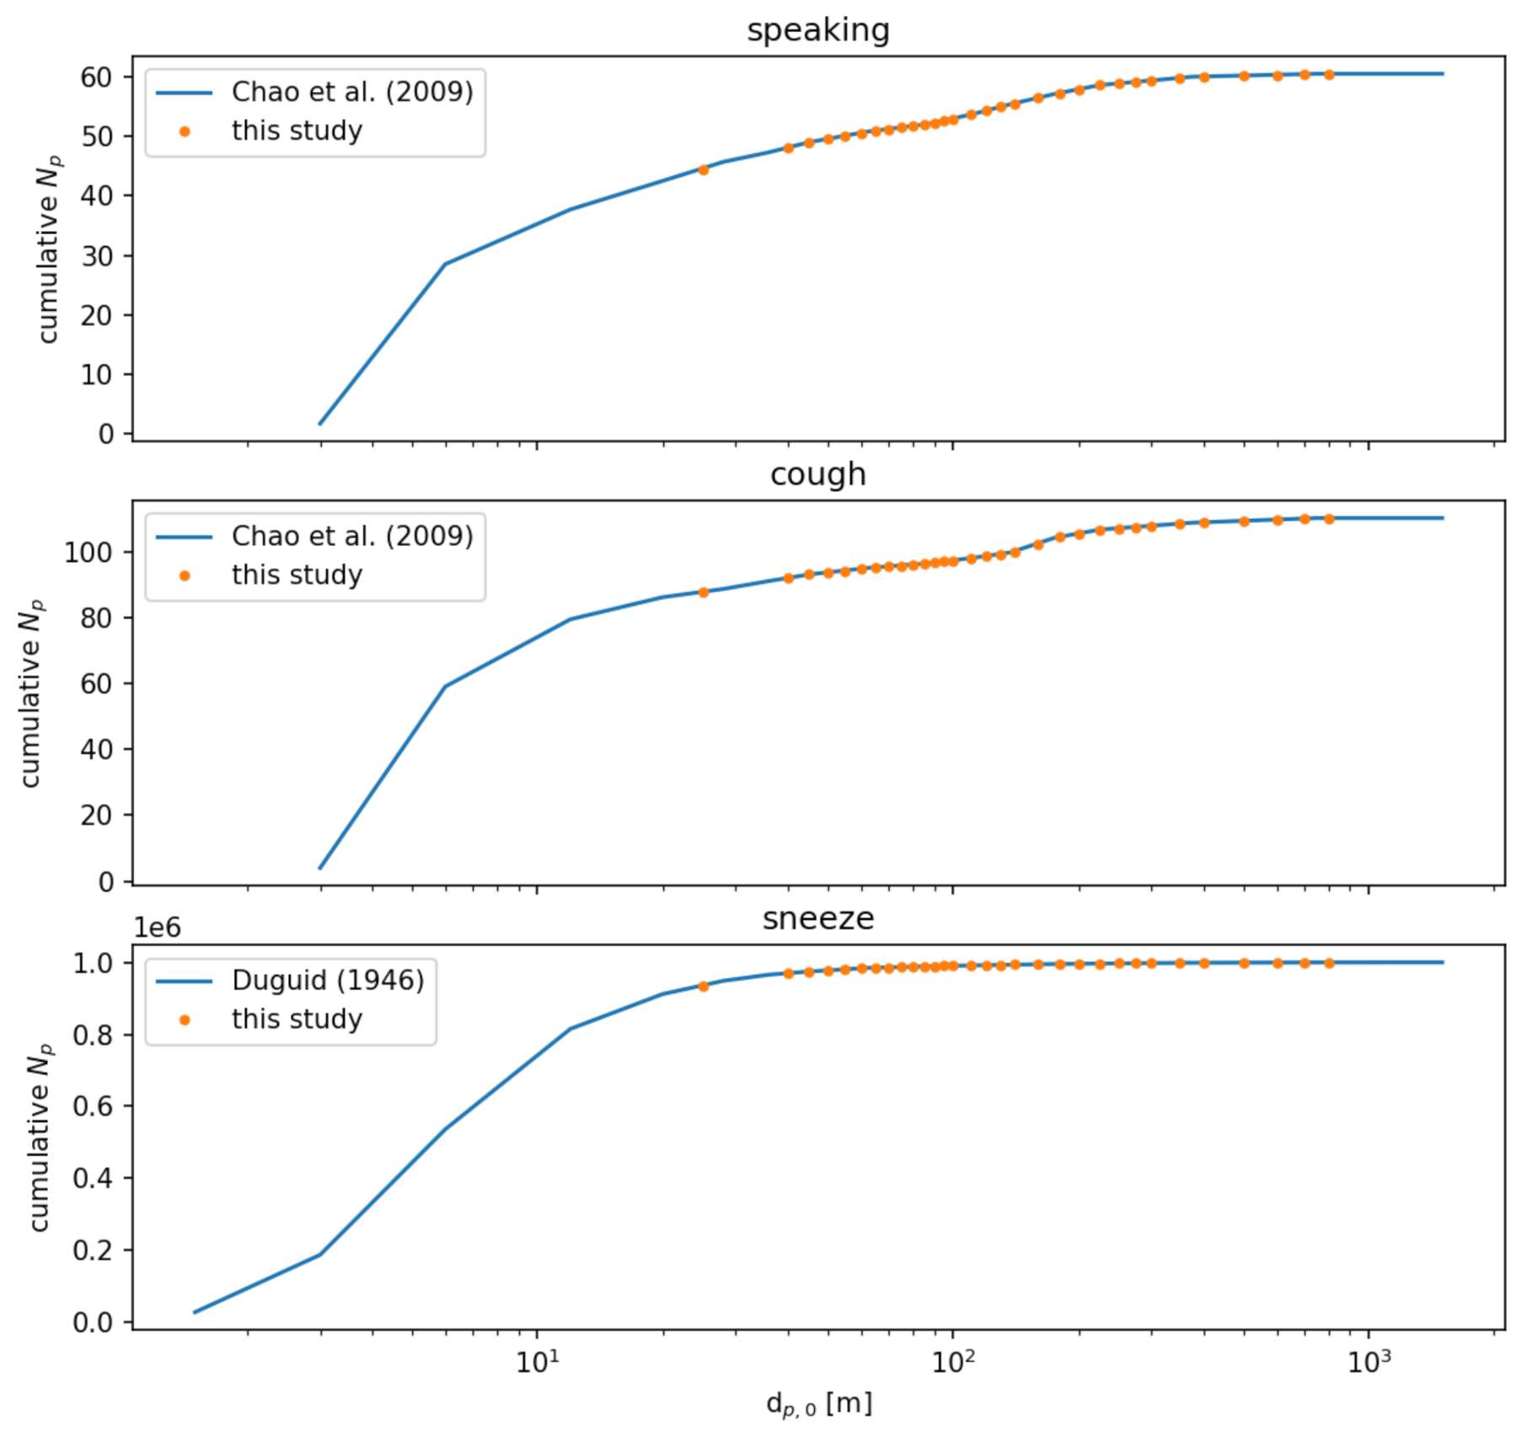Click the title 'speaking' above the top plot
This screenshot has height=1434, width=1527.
pos(817,30)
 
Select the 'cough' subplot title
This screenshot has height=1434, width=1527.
pos(817,474)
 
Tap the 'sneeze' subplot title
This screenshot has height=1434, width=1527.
pos(817,918)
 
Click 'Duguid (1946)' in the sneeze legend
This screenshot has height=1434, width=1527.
pos(328,981)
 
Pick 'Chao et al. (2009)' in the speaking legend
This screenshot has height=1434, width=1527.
pos(352,92)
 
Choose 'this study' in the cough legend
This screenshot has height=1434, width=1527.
pos(297,575)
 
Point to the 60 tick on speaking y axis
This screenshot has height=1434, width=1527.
pos(96,78)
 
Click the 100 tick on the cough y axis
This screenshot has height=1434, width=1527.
pos(88,553)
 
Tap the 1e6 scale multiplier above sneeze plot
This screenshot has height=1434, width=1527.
pos(157,928)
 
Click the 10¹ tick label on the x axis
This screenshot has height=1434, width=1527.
pos(537,1363)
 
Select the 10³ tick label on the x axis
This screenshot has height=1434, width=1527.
pos(1368,1363)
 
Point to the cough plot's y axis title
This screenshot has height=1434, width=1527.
pos(31,693)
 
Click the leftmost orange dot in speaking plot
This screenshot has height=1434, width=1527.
pos(704,170)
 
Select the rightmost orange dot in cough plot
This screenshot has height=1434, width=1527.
pos(1329,519)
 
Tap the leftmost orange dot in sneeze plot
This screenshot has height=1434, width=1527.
pos(704,987)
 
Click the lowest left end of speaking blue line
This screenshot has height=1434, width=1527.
pos(319,424)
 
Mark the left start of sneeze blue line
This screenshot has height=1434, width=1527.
pos(195,1312)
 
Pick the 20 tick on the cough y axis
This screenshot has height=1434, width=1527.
pos(96,816)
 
